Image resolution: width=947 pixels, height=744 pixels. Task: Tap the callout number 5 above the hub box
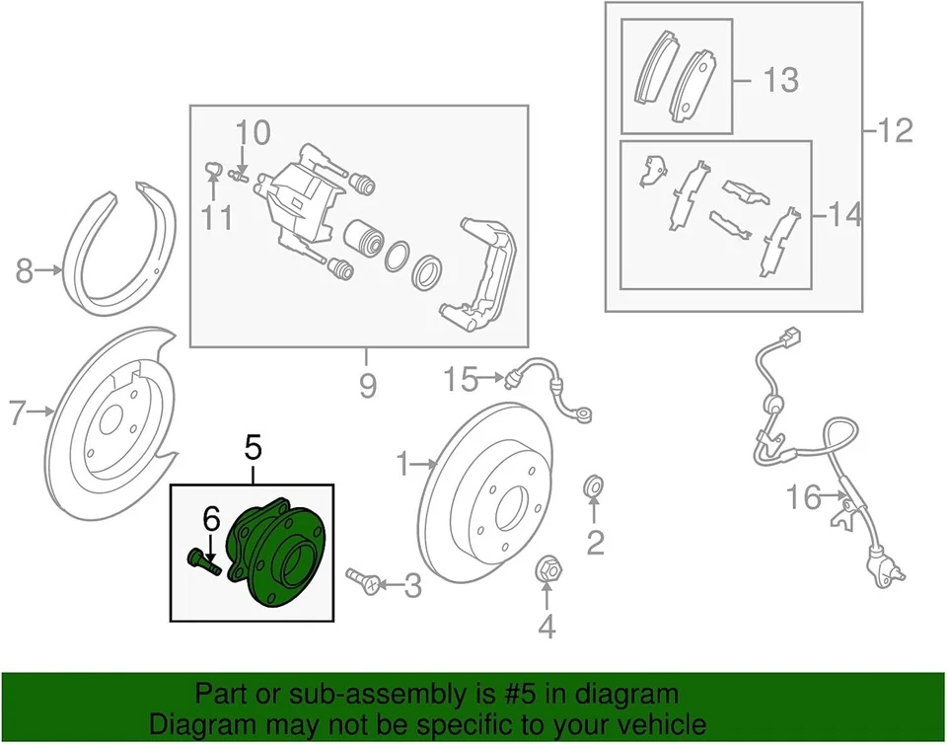click(253, 451)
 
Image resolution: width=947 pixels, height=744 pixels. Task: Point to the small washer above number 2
click(594, 485)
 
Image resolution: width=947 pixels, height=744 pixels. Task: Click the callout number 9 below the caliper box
click(367, 386)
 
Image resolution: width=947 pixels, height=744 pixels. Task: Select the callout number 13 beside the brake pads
click(780, 79)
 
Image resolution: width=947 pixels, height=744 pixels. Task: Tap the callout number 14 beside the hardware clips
click(844, 213)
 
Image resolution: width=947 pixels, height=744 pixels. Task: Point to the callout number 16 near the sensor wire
click(805, 497)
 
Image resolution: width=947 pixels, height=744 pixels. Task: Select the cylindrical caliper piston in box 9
click(362, 240)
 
